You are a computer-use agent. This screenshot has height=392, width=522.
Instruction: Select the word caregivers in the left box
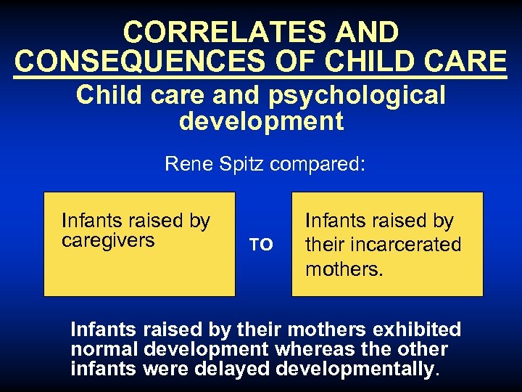point(108,240)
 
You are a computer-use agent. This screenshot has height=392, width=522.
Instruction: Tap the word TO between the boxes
point(261,245)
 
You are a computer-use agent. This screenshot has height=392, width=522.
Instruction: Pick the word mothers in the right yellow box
point(342,269)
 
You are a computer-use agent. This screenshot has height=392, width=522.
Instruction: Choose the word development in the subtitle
point(261,121)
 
